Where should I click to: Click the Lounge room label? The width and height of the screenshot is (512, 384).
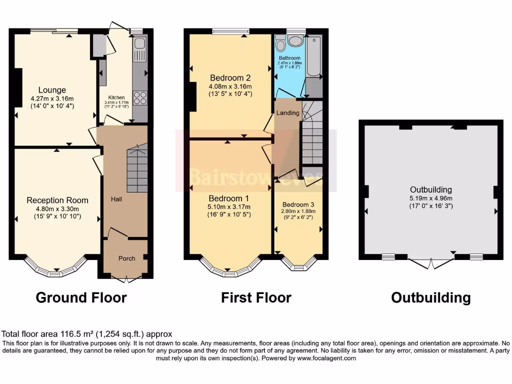pos(52,90)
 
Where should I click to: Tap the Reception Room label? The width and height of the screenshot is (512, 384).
pos(53,200)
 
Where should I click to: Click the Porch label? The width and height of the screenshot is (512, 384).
pos(126,258)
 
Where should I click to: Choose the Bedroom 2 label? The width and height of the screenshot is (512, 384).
pos(230,78)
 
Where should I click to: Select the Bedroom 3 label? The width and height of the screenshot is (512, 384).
pos(298,204)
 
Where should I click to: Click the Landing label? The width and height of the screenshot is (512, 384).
pos(288,113)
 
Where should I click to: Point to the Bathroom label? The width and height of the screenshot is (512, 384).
pos(289,58)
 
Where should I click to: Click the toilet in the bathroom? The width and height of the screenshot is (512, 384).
pos(280,45)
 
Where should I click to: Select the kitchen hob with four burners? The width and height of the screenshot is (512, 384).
pos(140,98)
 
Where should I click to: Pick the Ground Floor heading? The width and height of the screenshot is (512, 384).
pos(81,298)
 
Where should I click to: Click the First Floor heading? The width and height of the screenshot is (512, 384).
pos(256,298)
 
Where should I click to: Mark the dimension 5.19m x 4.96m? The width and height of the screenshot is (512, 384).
pos(430,197)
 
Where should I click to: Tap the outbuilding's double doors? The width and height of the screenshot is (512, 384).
pos(430,263)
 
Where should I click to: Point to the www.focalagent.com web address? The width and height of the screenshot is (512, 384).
pos(326,358)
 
